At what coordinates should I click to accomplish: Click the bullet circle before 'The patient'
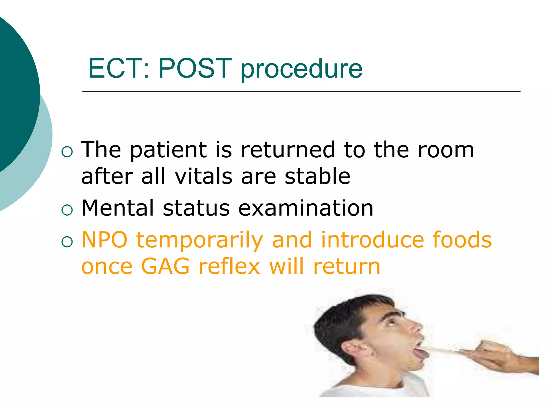click(x=67, y=152)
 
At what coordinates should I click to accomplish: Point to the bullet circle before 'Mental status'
click(x=67, y=210)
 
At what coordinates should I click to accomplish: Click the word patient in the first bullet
click(x=168, y=150)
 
